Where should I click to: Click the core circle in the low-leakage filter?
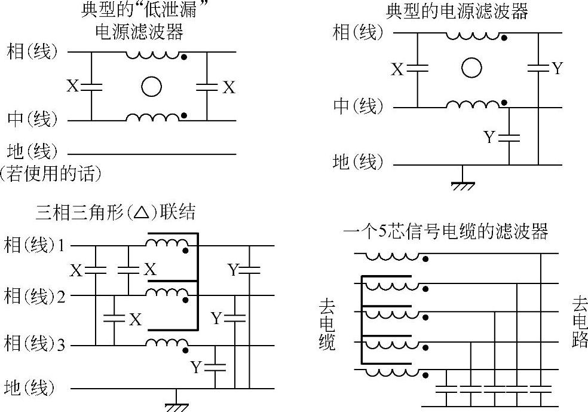pyautogui.click(x=151, y=87)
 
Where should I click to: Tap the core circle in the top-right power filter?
pyautogui.click(x=471, y=68)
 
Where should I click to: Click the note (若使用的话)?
pyautogui.click(x=50, y=174)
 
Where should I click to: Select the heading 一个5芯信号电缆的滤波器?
pyautogui.click(x=445, y=232)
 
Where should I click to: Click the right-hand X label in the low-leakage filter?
pyautogui.click(x=229, y=87)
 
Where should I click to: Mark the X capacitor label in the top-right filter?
pyautogui.click(x=398, y=69)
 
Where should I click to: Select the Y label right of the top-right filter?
pyautogui.click(x=558, y=68)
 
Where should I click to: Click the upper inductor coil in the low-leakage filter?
pyautogui.click(x=152, y=55)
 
